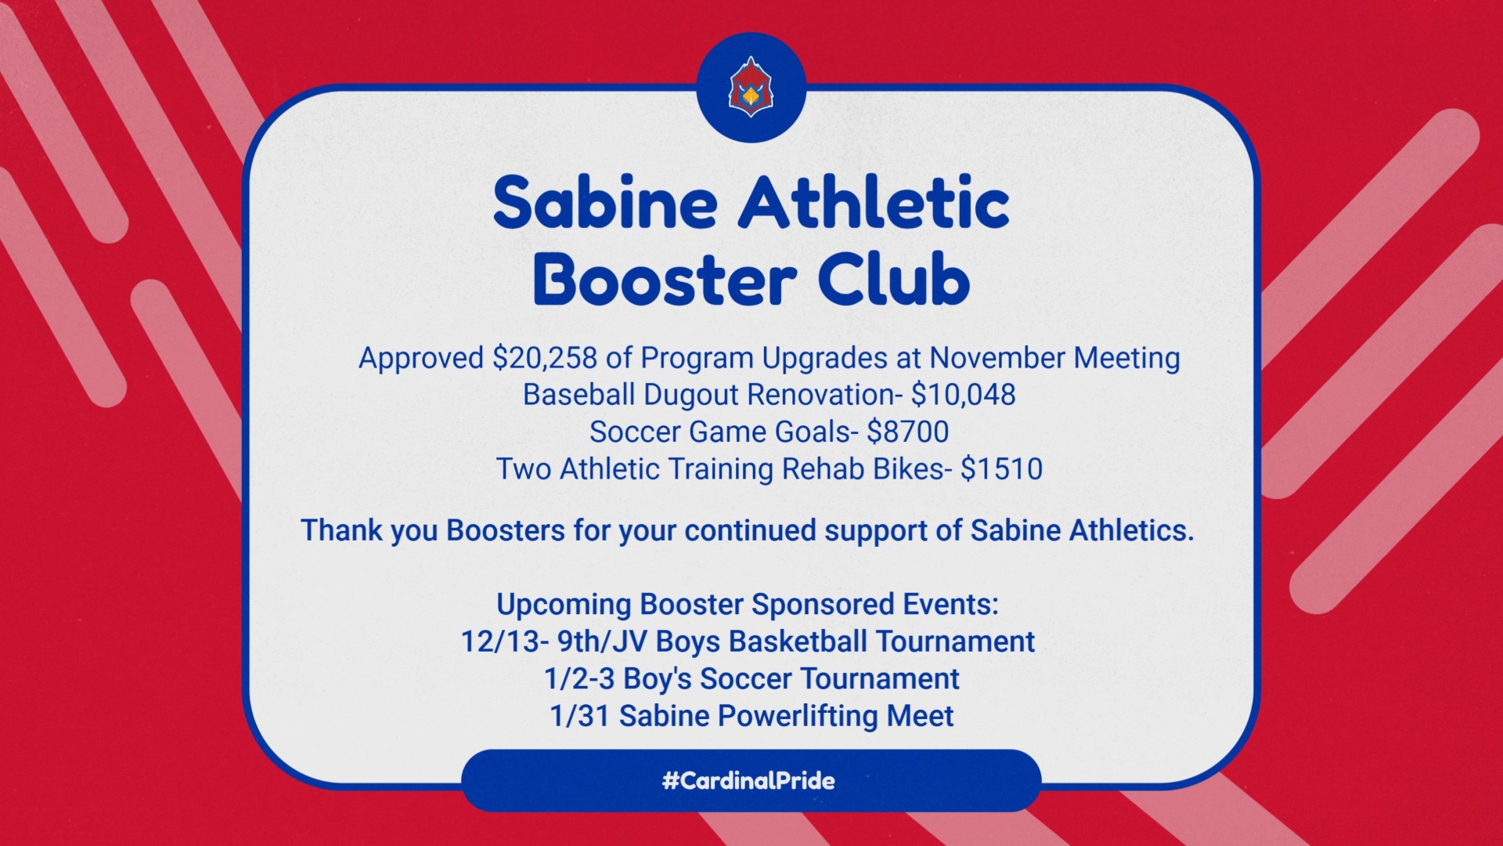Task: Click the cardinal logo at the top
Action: click(751, 87)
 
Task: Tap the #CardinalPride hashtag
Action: click(748, 780)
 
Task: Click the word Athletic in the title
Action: click(874, 202)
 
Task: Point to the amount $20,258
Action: click(545, 358)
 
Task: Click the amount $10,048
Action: click(964, 395)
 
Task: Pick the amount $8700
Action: click(908, 432)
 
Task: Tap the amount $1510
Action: click(1001, 468)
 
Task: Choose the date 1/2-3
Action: click(579, 678)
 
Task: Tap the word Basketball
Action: click(798, 642)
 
